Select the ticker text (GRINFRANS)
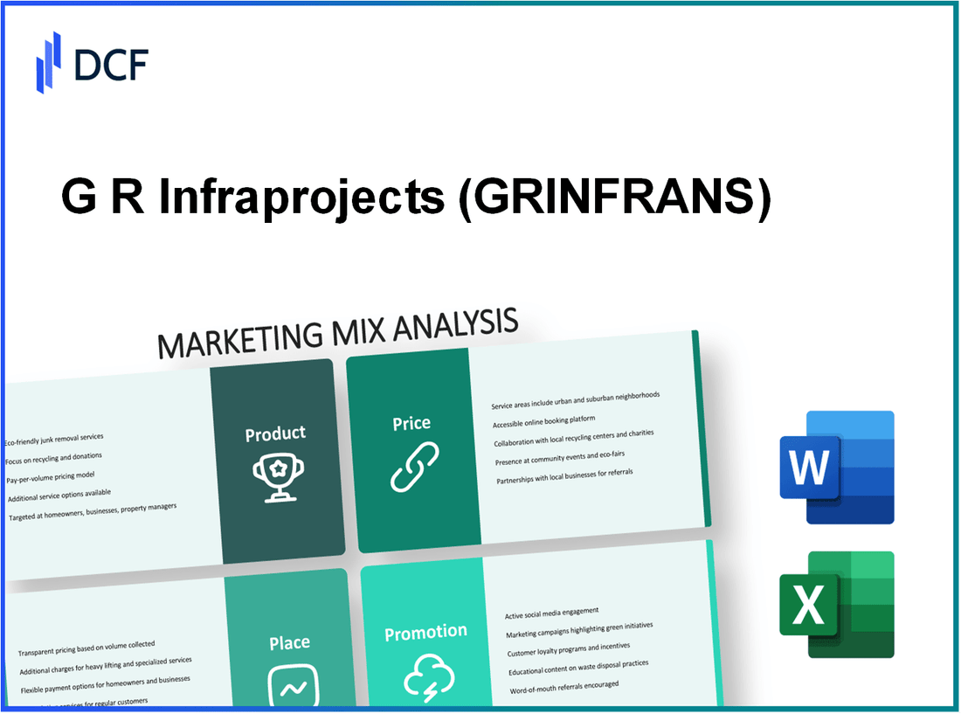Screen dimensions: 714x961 (612, 200)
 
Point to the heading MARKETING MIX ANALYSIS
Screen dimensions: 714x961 (337, 333)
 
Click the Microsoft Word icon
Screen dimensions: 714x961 (836, 468)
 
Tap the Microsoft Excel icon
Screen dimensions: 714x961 (836, 605)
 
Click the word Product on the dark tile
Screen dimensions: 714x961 (275, 433)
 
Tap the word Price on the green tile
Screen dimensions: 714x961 (411, 423)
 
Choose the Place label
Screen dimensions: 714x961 (289, 642)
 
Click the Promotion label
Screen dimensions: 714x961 (426, 632)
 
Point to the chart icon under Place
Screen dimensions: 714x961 (290, 683)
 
